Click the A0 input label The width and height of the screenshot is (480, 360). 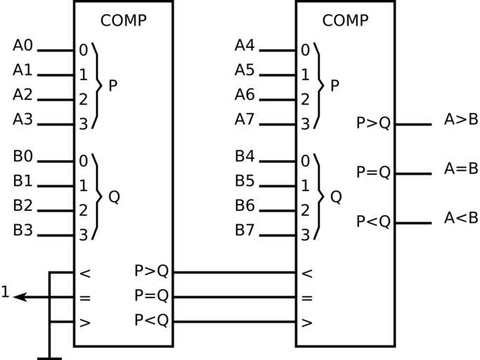(x=22, y=46)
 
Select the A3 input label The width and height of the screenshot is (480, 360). (x=22, y=120)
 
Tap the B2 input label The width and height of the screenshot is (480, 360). (x=22, y=205)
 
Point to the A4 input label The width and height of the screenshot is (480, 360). (x=245, y=46)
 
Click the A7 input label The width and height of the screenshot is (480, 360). (x=245, y=120)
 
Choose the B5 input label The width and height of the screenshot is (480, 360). (x=245, y=181)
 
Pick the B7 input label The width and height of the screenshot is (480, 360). (x=245, y=230)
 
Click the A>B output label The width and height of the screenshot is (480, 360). (x=461, y=120)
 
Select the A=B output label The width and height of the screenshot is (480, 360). (x=461, y=169)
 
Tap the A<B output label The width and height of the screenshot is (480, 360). (x=461, y=218)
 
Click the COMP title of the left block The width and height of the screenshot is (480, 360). (x=124, y=20)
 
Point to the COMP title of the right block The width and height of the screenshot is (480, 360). (x=345, y=20)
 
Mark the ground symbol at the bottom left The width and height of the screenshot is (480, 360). (x=49, y=358)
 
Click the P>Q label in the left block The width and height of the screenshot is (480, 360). (x=152, y=271)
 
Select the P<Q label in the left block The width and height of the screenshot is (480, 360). (x=152, y=321)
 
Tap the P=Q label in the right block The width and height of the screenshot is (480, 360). (x=373, y=172)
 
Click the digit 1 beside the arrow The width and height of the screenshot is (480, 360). (x=6, y=292)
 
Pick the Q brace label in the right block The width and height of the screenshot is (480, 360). (x=335, y=197)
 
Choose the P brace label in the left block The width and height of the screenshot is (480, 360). (x=112, y=86)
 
